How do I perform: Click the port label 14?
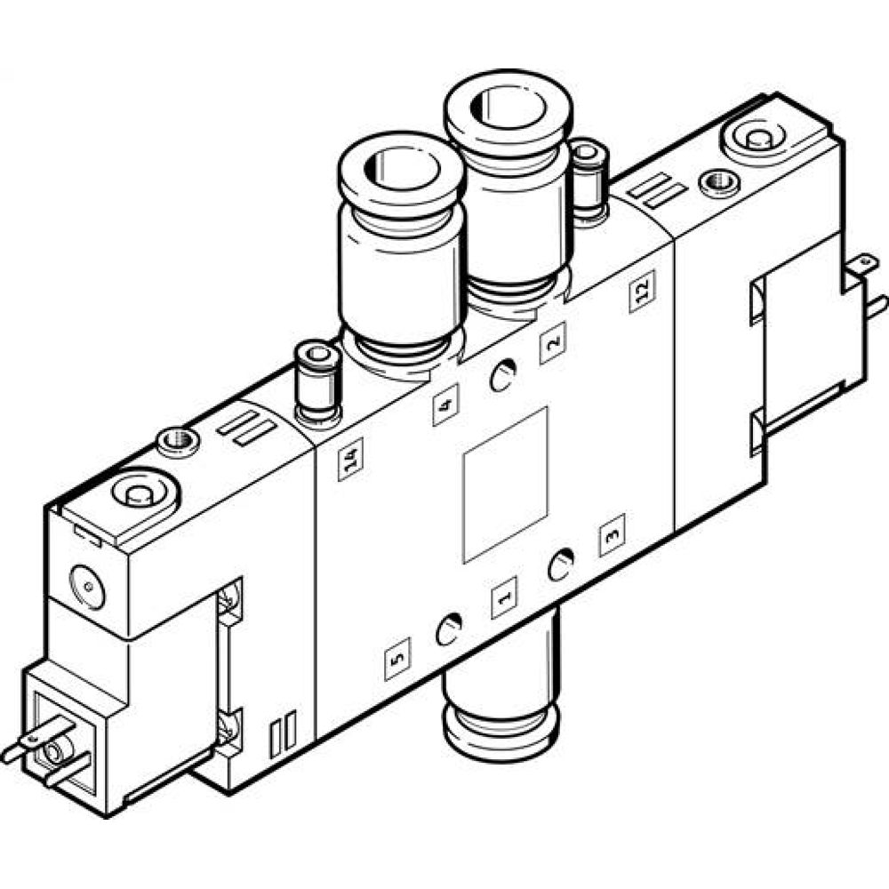click(351, 462)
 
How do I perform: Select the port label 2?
click(552, 346)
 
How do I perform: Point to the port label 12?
click(642, 294)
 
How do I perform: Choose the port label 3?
click(611, 536)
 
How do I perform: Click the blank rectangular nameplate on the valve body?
click(505, 485)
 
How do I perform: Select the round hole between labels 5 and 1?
click(447, 631)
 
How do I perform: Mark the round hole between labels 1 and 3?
click(560, 565)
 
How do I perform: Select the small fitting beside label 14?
click(317, 381)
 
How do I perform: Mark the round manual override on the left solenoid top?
click(137, 494)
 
